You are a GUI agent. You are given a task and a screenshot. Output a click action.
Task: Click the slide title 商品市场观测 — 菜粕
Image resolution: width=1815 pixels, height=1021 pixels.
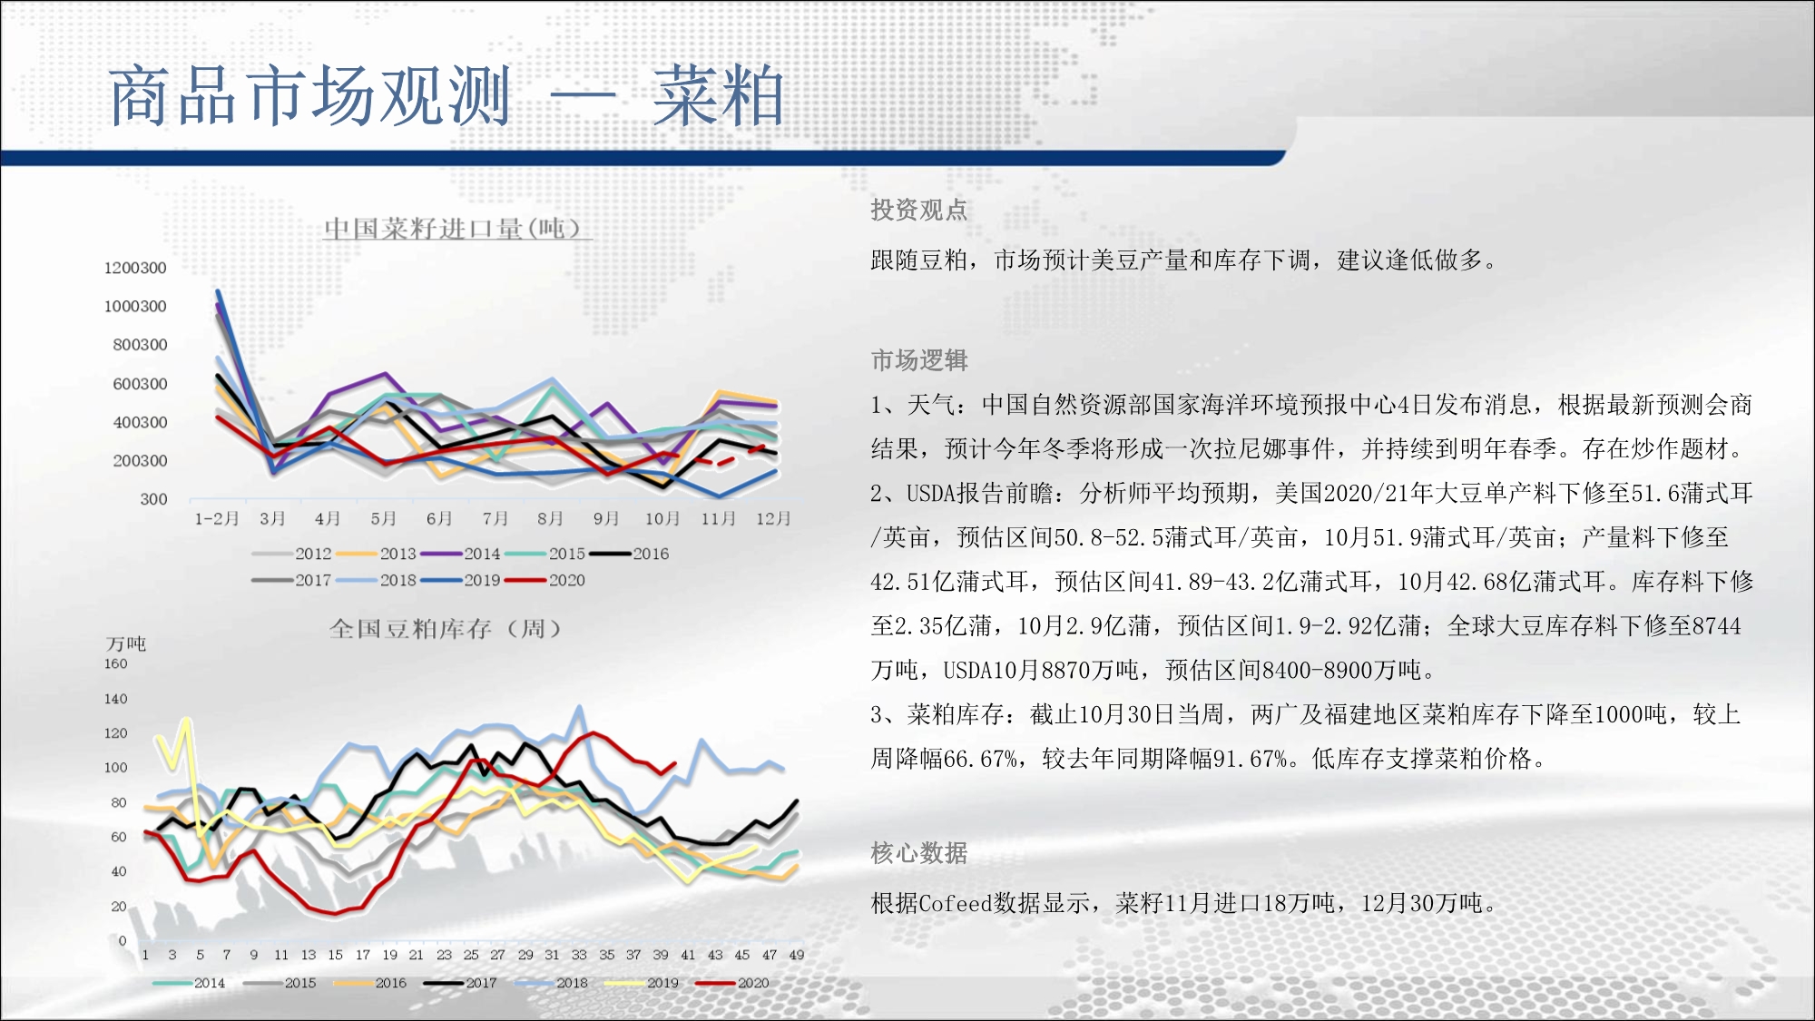tap(446, 95)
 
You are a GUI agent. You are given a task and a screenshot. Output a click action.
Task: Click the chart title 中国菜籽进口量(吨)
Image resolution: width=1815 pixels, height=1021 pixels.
tap(453, 228)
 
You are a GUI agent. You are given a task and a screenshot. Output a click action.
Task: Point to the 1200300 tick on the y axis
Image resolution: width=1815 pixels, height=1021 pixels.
tap(135, 268)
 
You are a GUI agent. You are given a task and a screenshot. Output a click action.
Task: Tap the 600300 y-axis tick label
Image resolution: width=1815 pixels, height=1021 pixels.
tap(140, 384)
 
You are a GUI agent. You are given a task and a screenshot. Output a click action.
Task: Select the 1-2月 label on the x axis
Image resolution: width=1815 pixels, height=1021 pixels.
tap(217, 518)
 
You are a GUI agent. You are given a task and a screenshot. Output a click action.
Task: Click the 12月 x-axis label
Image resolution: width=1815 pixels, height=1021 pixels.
tap(773, 518)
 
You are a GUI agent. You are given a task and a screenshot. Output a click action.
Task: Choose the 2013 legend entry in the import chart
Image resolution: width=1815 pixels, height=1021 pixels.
tap(377, 554)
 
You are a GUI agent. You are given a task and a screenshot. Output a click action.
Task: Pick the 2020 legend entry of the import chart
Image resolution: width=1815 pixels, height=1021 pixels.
tap(545, 580)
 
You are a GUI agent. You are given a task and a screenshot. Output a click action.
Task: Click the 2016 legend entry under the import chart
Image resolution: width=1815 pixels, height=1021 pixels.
tap(629, 554)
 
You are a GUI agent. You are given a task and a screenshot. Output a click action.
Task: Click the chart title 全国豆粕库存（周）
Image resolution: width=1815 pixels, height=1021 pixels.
tap(446, 628)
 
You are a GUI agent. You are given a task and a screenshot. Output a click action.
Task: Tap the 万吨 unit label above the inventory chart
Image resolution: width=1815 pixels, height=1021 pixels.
tap(126, 643)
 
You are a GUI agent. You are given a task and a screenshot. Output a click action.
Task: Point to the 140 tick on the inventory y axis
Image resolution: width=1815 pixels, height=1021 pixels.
tap(115, 699)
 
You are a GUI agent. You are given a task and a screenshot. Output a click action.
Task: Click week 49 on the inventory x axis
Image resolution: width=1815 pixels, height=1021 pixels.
tap(796, 955)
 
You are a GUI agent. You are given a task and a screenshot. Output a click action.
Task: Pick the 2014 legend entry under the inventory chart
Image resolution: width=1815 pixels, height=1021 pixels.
tap(189, 983)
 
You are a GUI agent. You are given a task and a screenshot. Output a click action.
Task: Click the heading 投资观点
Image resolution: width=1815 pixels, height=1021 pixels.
tap(919, 211)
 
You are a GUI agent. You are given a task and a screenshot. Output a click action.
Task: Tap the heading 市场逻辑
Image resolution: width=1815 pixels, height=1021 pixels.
tap(919, 360)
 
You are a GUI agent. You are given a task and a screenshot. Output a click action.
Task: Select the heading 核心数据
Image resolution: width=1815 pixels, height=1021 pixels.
tap(919, 853)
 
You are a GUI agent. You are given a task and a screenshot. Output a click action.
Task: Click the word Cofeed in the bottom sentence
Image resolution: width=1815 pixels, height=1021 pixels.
tap(956, 903)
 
